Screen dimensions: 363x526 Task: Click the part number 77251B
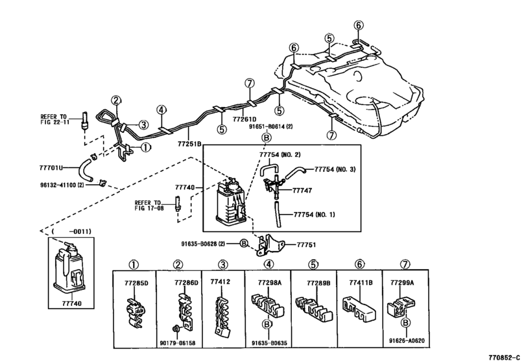click(189, 143)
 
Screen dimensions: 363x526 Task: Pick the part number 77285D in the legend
click(137, 283)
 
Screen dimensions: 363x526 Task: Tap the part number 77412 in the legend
click(220, 283)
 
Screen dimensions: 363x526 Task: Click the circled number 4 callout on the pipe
click(161, 111)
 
